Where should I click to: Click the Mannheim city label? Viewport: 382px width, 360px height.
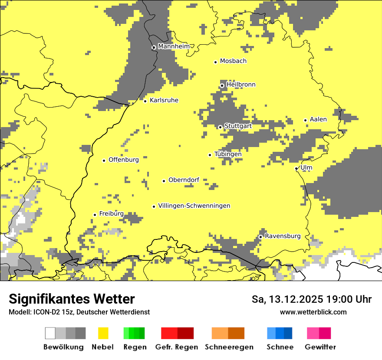point(174,46)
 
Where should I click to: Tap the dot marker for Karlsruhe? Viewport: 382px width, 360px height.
point(145,101)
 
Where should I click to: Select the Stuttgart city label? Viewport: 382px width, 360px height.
point(238,126)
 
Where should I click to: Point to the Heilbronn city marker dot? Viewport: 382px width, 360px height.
point(222,85)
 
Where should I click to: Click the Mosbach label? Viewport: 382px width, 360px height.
point(233,61)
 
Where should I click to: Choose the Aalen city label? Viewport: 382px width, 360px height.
point(318,119)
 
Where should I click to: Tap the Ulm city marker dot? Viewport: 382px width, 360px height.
point(296,169)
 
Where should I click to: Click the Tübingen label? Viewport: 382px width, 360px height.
point(228,154)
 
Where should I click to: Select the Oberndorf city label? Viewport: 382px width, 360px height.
point(184,180)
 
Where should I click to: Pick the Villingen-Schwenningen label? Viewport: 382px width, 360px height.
point(194,206)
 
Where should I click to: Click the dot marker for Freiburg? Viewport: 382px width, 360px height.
point(95,215)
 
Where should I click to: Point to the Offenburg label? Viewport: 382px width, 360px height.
point(124,160)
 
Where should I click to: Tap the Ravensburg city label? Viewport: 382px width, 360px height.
point(283,236)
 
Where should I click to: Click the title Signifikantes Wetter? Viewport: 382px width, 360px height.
point(72,299)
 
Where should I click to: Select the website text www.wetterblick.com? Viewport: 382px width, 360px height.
point(313,312)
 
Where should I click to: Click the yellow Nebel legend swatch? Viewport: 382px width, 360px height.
point(103,333)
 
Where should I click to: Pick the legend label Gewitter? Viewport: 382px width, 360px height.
point(320,347)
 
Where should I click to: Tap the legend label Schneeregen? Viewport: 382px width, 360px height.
point(229,347)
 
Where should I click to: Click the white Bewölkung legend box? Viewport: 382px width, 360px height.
point(50,333)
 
